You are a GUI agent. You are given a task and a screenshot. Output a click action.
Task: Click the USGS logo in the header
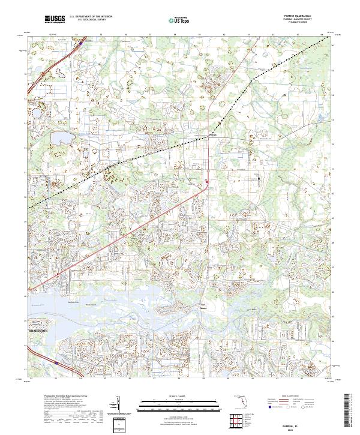(55, 20)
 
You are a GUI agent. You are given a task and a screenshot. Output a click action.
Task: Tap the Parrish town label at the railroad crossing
(212, 135)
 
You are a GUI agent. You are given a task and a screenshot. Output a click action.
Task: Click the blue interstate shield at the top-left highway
(80, 43)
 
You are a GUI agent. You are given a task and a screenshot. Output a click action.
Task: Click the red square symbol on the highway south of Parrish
(207, 181)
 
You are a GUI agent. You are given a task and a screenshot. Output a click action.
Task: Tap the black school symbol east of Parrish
(259, 178)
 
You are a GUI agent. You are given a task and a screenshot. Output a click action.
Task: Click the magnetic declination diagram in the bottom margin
(120, 402)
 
